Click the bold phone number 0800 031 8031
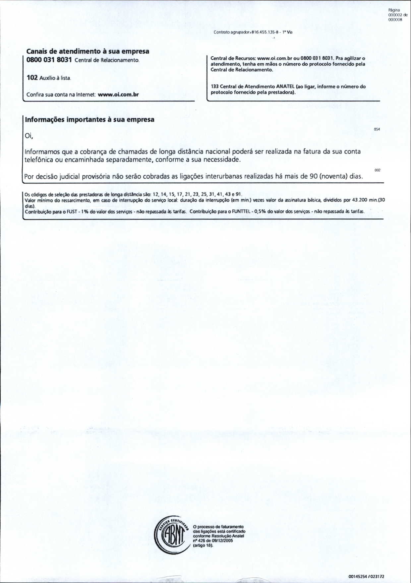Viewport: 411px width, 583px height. pos(49,60)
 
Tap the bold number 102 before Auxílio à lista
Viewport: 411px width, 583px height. pos(32,78)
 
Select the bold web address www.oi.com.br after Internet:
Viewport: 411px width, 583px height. pos(118,94)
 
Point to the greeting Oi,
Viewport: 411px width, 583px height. pos(29,136)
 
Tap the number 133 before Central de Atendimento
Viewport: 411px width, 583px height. pos(214,87)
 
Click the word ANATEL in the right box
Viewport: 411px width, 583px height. pos(286,87)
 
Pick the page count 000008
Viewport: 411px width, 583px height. pos(395,20)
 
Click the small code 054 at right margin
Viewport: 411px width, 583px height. pos(377,129)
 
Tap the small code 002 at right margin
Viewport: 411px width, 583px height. pos(378,170)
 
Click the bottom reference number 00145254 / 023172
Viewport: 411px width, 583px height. pos(366,577)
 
